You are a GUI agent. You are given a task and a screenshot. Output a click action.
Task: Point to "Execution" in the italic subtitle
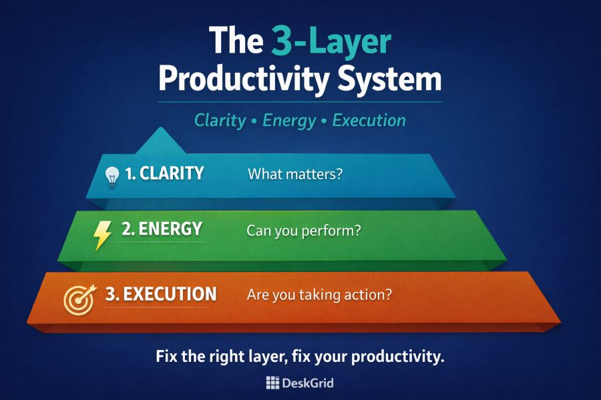coord(369,121)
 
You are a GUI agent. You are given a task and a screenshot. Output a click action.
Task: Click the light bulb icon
coord(112,177)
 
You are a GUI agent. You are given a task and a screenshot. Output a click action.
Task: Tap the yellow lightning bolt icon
coord(102,235)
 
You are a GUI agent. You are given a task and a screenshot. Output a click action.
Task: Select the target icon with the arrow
coord(79,298)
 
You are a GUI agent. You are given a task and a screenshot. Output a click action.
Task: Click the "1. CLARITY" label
coord(164,174)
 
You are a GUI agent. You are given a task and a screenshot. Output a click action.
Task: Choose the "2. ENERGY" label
coord(161,229)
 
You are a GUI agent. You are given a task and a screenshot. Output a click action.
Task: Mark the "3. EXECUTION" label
coord(161,294)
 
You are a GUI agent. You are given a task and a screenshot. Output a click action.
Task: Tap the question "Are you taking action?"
coord(319,295)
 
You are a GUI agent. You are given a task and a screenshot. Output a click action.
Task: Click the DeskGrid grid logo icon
coord(272,383)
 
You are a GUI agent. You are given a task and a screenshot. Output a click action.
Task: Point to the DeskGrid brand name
coord(309,383)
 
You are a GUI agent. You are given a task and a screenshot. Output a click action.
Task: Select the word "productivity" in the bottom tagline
coord(401,357)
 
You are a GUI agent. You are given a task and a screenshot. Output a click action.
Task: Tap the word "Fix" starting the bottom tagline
coord(168,357)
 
